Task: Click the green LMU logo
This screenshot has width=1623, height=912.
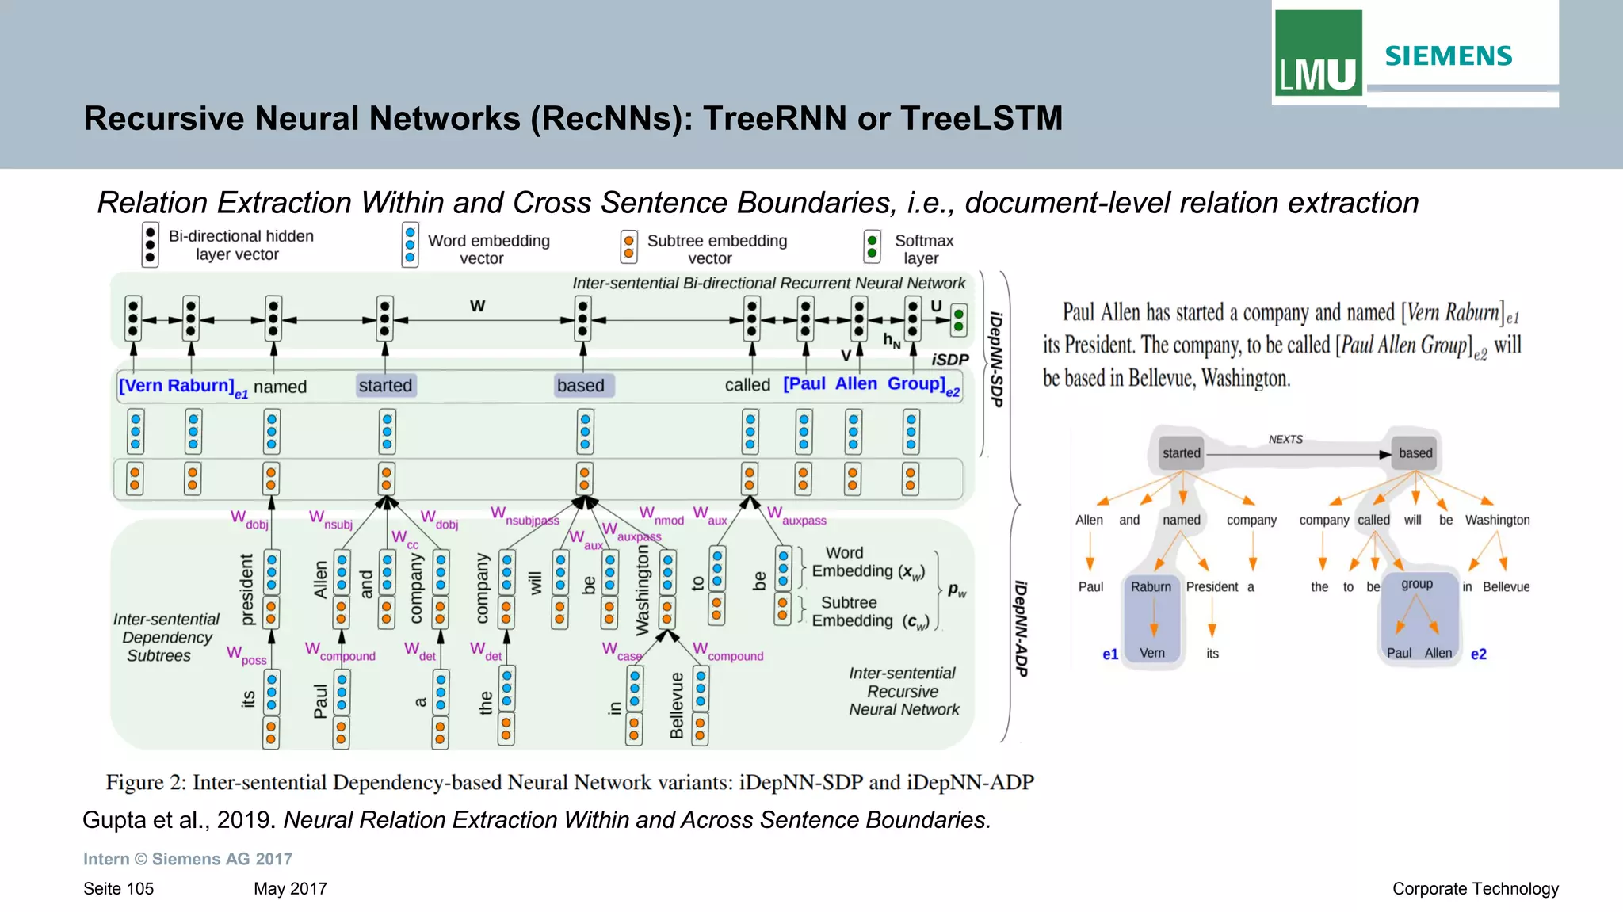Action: pos(1318,52)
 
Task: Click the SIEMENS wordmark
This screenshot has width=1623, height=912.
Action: pos(1448,56)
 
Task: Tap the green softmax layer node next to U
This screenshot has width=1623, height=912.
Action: pos(959,319)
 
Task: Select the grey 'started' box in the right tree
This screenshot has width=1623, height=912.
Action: pos(1181,453)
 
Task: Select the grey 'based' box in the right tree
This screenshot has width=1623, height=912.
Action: pos(1415,453)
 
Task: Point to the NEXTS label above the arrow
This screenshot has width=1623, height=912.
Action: pos(1285,439)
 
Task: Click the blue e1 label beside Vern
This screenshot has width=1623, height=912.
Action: pos(1109,654)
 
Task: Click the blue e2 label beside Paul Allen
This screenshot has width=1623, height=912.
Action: pos(1478,654)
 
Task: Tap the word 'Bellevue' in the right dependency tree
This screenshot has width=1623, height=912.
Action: pos(1506,587)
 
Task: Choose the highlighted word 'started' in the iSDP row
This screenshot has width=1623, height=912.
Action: pos(385,386)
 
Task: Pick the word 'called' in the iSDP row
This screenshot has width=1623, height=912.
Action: pos(747,385)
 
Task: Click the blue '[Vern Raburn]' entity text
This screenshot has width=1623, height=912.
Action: pos(177,386)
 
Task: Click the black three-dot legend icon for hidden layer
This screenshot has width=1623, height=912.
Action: pos(150,245)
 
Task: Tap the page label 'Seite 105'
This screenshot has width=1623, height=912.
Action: pos(118,889)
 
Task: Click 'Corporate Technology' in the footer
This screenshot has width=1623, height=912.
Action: pos(1475,889)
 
